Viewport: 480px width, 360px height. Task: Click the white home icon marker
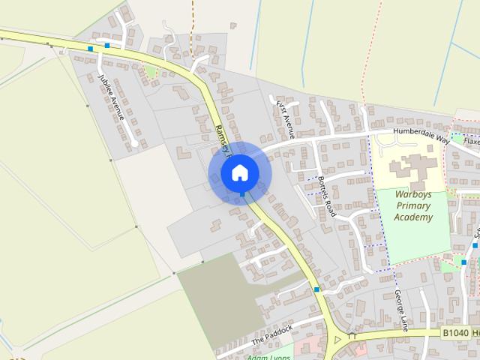(239, 172)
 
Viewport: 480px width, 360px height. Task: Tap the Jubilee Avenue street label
(112, 97)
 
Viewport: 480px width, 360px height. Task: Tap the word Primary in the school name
(413, 205)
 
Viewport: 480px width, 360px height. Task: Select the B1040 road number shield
(454, 332)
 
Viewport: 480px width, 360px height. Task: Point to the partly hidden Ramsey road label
(220, 136)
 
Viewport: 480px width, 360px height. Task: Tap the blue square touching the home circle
(241, 194)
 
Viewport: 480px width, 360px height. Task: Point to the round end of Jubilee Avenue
(134, 143)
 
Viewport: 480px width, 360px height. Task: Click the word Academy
(413, 217)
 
